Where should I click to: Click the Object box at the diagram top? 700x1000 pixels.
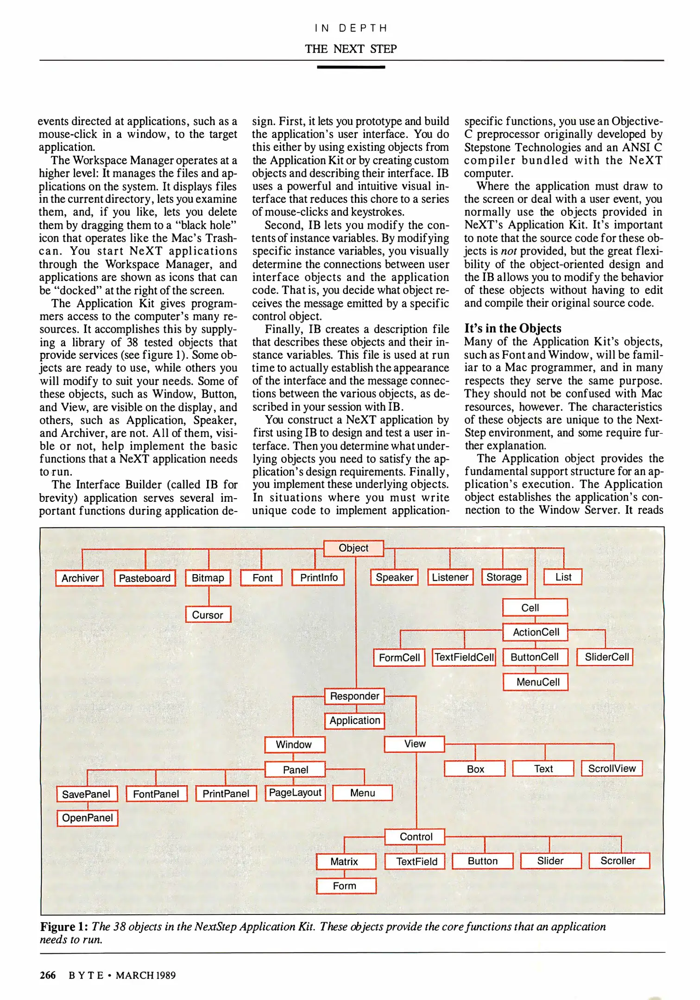353,548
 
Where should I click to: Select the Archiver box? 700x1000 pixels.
80,578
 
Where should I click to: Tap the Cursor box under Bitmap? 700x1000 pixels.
208,615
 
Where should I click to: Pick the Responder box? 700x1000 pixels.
354,696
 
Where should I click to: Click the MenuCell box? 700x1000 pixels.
536,682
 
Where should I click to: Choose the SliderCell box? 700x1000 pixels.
605,657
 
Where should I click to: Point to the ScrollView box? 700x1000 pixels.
612,769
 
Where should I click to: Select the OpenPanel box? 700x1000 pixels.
88,818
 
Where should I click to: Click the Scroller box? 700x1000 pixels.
619,861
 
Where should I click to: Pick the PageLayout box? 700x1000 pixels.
295,793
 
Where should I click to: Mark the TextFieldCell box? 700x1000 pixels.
464,657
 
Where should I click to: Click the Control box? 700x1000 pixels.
415,837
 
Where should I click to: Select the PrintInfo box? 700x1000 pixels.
318,578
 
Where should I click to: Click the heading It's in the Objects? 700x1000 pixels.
513,328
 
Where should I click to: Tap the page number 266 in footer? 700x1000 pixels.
48,975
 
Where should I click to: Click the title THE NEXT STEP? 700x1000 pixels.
351,49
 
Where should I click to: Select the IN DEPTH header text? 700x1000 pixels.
351,28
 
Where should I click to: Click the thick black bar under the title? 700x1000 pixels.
351,68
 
